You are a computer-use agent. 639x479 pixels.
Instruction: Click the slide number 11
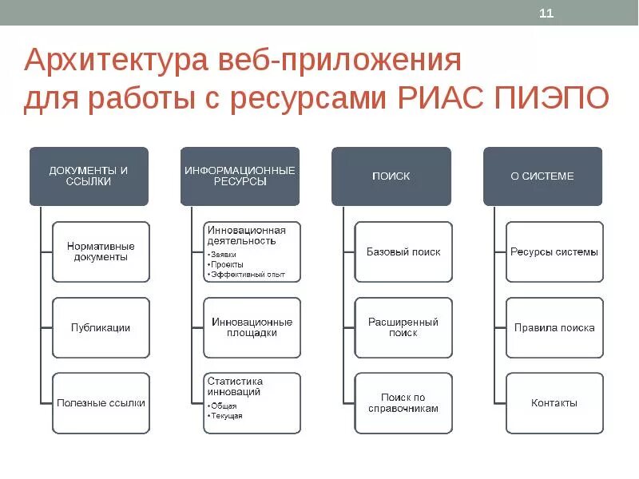point(546,14)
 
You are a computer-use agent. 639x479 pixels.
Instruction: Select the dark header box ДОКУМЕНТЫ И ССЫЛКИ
point(89,176)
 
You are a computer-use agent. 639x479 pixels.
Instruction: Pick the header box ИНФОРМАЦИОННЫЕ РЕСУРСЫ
point(240,176)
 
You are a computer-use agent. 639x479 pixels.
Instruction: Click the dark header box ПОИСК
point(391,176)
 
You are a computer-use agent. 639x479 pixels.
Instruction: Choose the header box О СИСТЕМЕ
point(542,176)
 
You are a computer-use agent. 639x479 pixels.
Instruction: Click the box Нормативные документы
point(101,251)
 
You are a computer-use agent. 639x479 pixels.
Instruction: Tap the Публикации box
point(101,327)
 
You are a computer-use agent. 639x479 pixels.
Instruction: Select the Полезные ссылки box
point(101,403)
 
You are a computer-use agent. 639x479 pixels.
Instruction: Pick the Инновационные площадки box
point(252,327)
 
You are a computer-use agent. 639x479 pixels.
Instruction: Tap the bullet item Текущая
point(228,416)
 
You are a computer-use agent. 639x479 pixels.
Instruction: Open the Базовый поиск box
point(403,251)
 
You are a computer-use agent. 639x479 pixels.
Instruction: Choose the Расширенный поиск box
point(403,327)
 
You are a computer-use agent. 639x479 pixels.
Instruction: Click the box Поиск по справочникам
point(403,403)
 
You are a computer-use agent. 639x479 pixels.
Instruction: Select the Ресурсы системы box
point(554,251)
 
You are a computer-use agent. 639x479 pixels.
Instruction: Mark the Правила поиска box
point(554,327)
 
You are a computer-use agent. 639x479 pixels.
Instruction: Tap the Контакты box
point(554,403)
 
